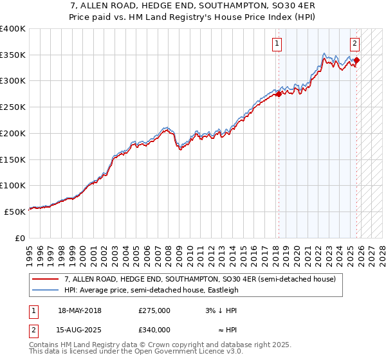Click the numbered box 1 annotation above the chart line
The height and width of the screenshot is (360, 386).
[277, 44]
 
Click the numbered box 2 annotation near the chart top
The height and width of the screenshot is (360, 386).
[354, 44]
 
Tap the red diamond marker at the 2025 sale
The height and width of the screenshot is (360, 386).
[357, 61]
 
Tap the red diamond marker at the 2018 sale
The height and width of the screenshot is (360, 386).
[279, 94]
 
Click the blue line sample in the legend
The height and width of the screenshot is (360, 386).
[46, 289]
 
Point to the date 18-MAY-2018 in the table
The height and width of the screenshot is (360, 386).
[79, 310]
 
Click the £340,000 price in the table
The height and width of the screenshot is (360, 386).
[154, 330]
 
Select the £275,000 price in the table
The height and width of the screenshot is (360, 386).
[154, 310]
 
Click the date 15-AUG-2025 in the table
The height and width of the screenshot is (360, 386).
[79, 330]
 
